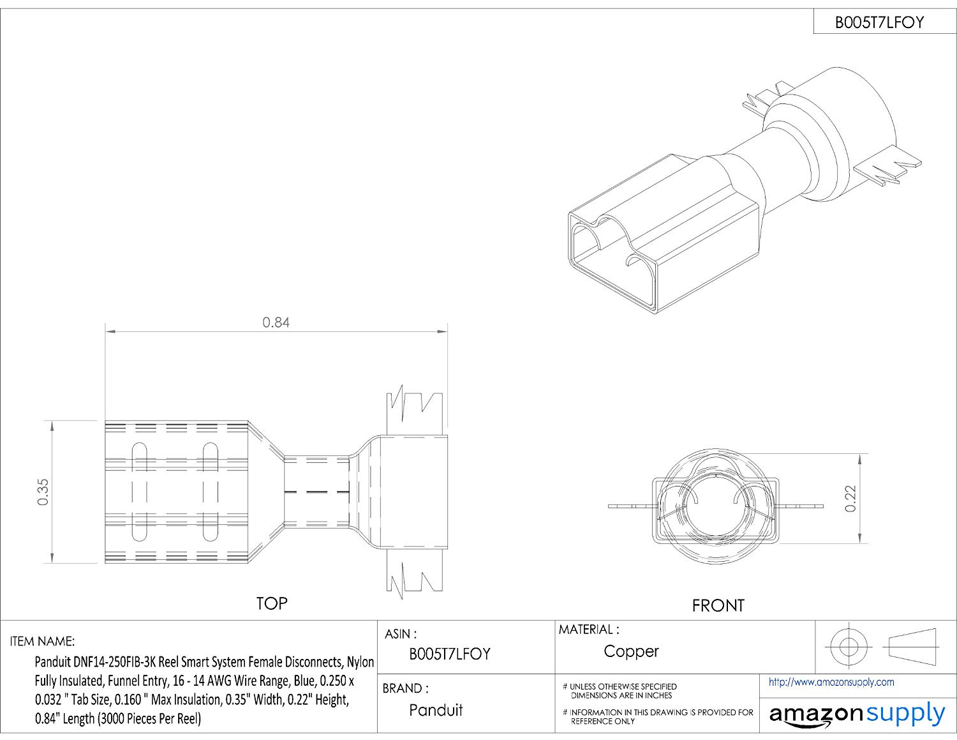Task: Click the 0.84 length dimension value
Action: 276,322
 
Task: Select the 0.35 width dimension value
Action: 43,492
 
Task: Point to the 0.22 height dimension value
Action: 850,499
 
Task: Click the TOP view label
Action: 272,603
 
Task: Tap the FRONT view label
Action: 718,605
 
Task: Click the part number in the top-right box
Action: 879,23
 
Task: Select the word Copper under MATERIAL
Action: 631,651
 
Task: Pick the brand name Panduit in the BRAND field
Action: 436,710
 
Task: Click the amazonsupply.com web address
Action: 831,683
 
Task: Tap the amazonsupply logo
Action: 857,714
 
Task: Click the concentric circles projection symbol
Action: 847,646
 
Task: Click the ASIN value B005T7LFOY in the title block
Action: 450,654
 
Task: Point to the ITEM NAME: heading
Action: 42,641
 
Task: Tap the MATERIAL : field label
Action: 589,630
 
